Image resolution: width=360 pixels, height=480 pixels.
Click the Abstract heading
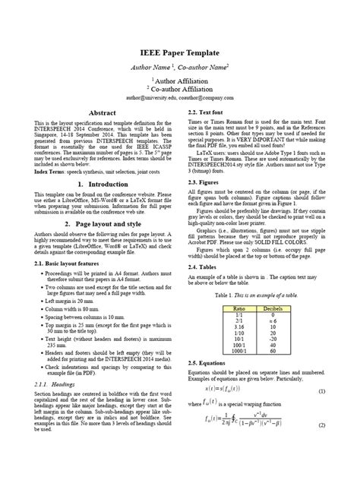tap(101, 112)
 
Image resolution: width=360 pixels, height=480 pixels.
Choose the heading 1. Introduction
tap(101, 184)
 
